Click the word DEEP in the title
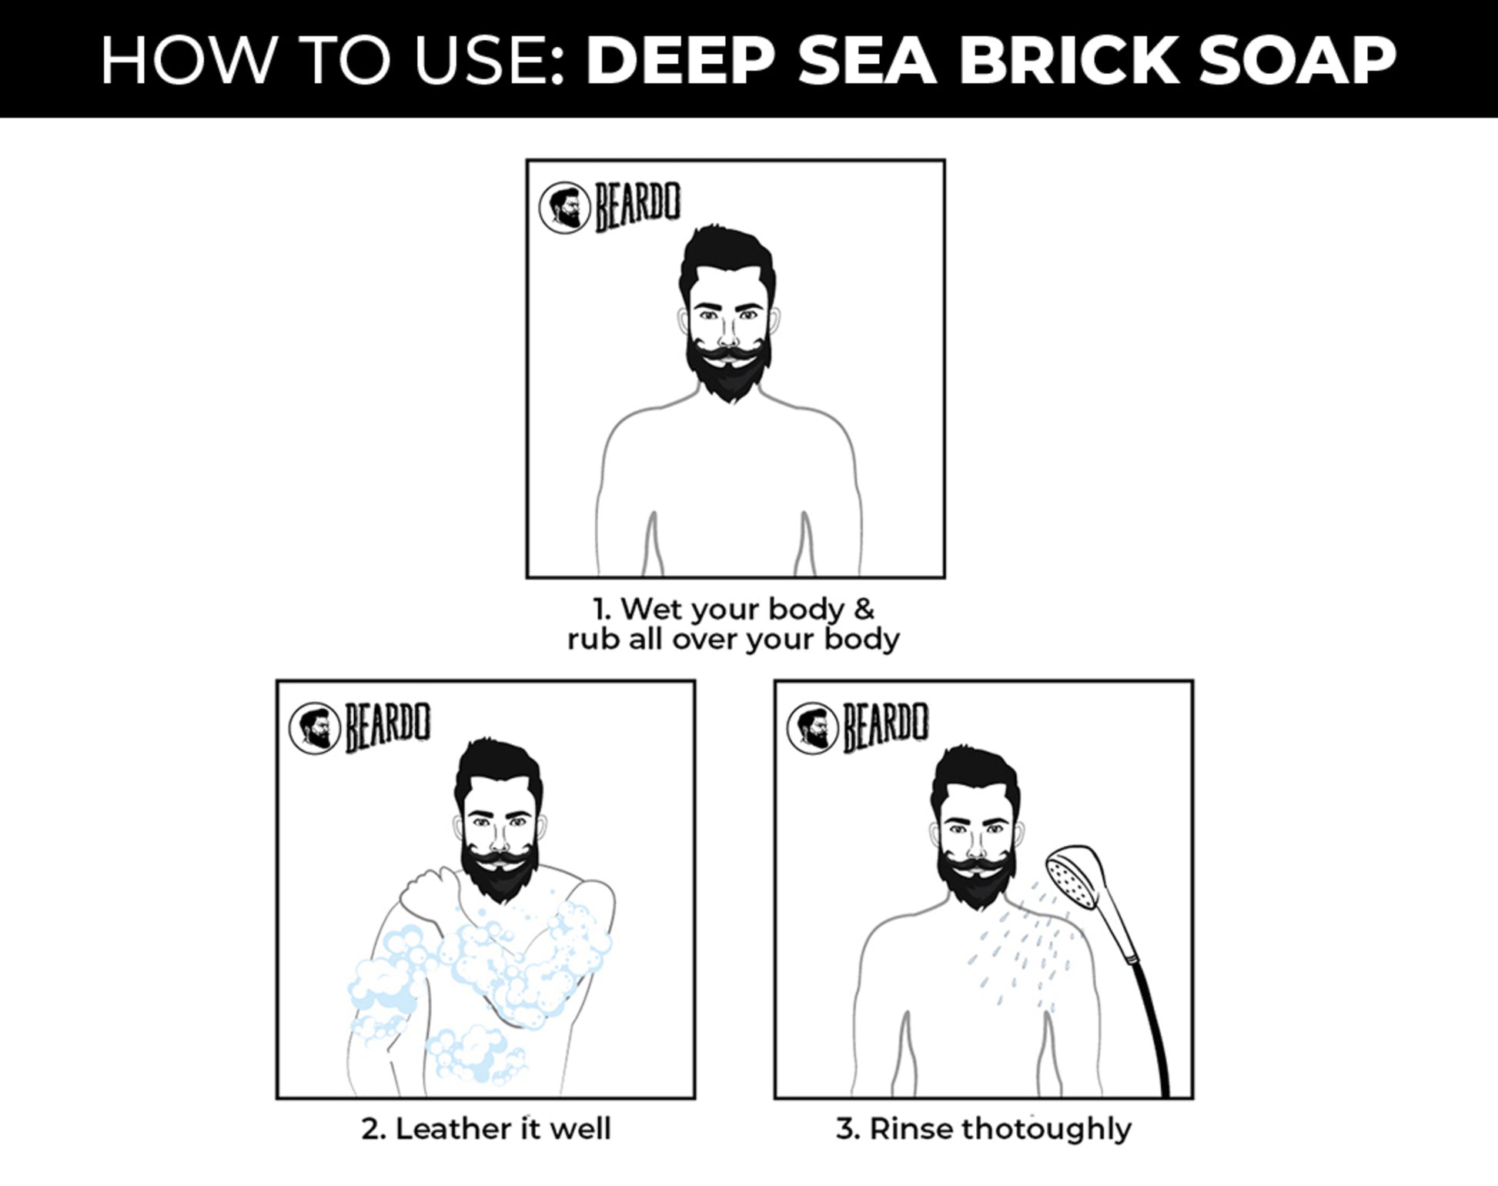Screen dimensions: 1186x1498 (x=680, y=60)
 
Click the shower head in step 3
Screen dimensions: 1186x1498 (x=1075, y=877)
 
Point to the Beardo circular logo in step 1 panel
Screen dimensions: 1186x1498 (x=564, y=208)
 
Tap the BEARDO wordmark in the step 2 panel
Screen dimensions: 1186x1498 (x=387, y=726)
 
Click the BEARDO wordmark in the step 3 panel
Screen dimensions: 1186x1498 (x=885, y=726)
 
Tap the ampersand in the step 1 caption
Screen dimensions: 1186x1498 (x=864, y=609)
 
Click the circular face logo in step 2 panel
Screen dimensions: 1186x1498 (x=314, y=727)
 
